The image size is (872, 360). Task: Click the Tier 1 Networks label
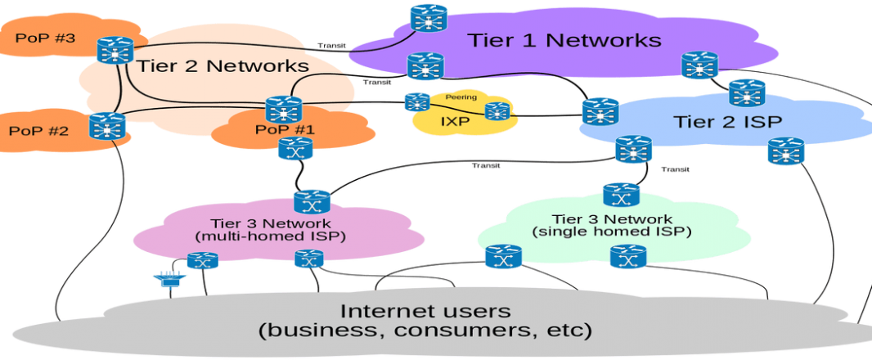pyautogui.click(x=564, y=40)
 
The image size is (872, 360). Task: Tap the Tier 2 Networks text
pyautogui.click(x=222, y=65)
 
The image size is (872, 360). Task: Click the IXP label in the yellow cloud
pyautogui.click(x=456, y=121)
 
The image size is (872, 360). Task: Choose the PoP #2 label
pyautogui.click(x=39, y=131)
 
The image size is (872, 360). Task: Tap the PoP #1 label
pyautogui.click(x=285, y=129)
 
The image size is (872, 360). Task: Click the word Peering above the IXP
pyautogui.click(x=461, y=97)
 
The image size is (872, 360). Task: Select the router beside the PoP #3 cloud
pyautogui.click(x=115, y=50)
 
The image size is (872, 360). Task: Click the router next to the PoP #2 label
pyautogui.click(x=107, y=126)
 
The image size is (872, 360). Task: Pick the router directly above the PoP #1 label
pyautogui.click(x=284, y=110)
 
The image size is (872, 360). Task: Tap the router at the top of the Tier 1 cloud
pyautogui.click(x=429, y=18)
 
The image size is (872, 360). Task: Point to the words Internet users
pyautogui.click(x=425, y=310)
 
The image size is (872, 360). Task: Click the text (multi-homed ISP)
pyautogui.click(x=271, y=236)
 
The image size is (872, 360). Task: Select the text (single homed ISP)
pyautogui.click(x=612, y=232)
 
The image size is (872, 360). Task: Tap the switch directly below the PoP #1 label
pyautogui.click(x=295, y=149)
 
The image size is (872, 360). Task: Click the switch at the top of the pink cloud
pyautogui.click(x=312, y=202)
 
